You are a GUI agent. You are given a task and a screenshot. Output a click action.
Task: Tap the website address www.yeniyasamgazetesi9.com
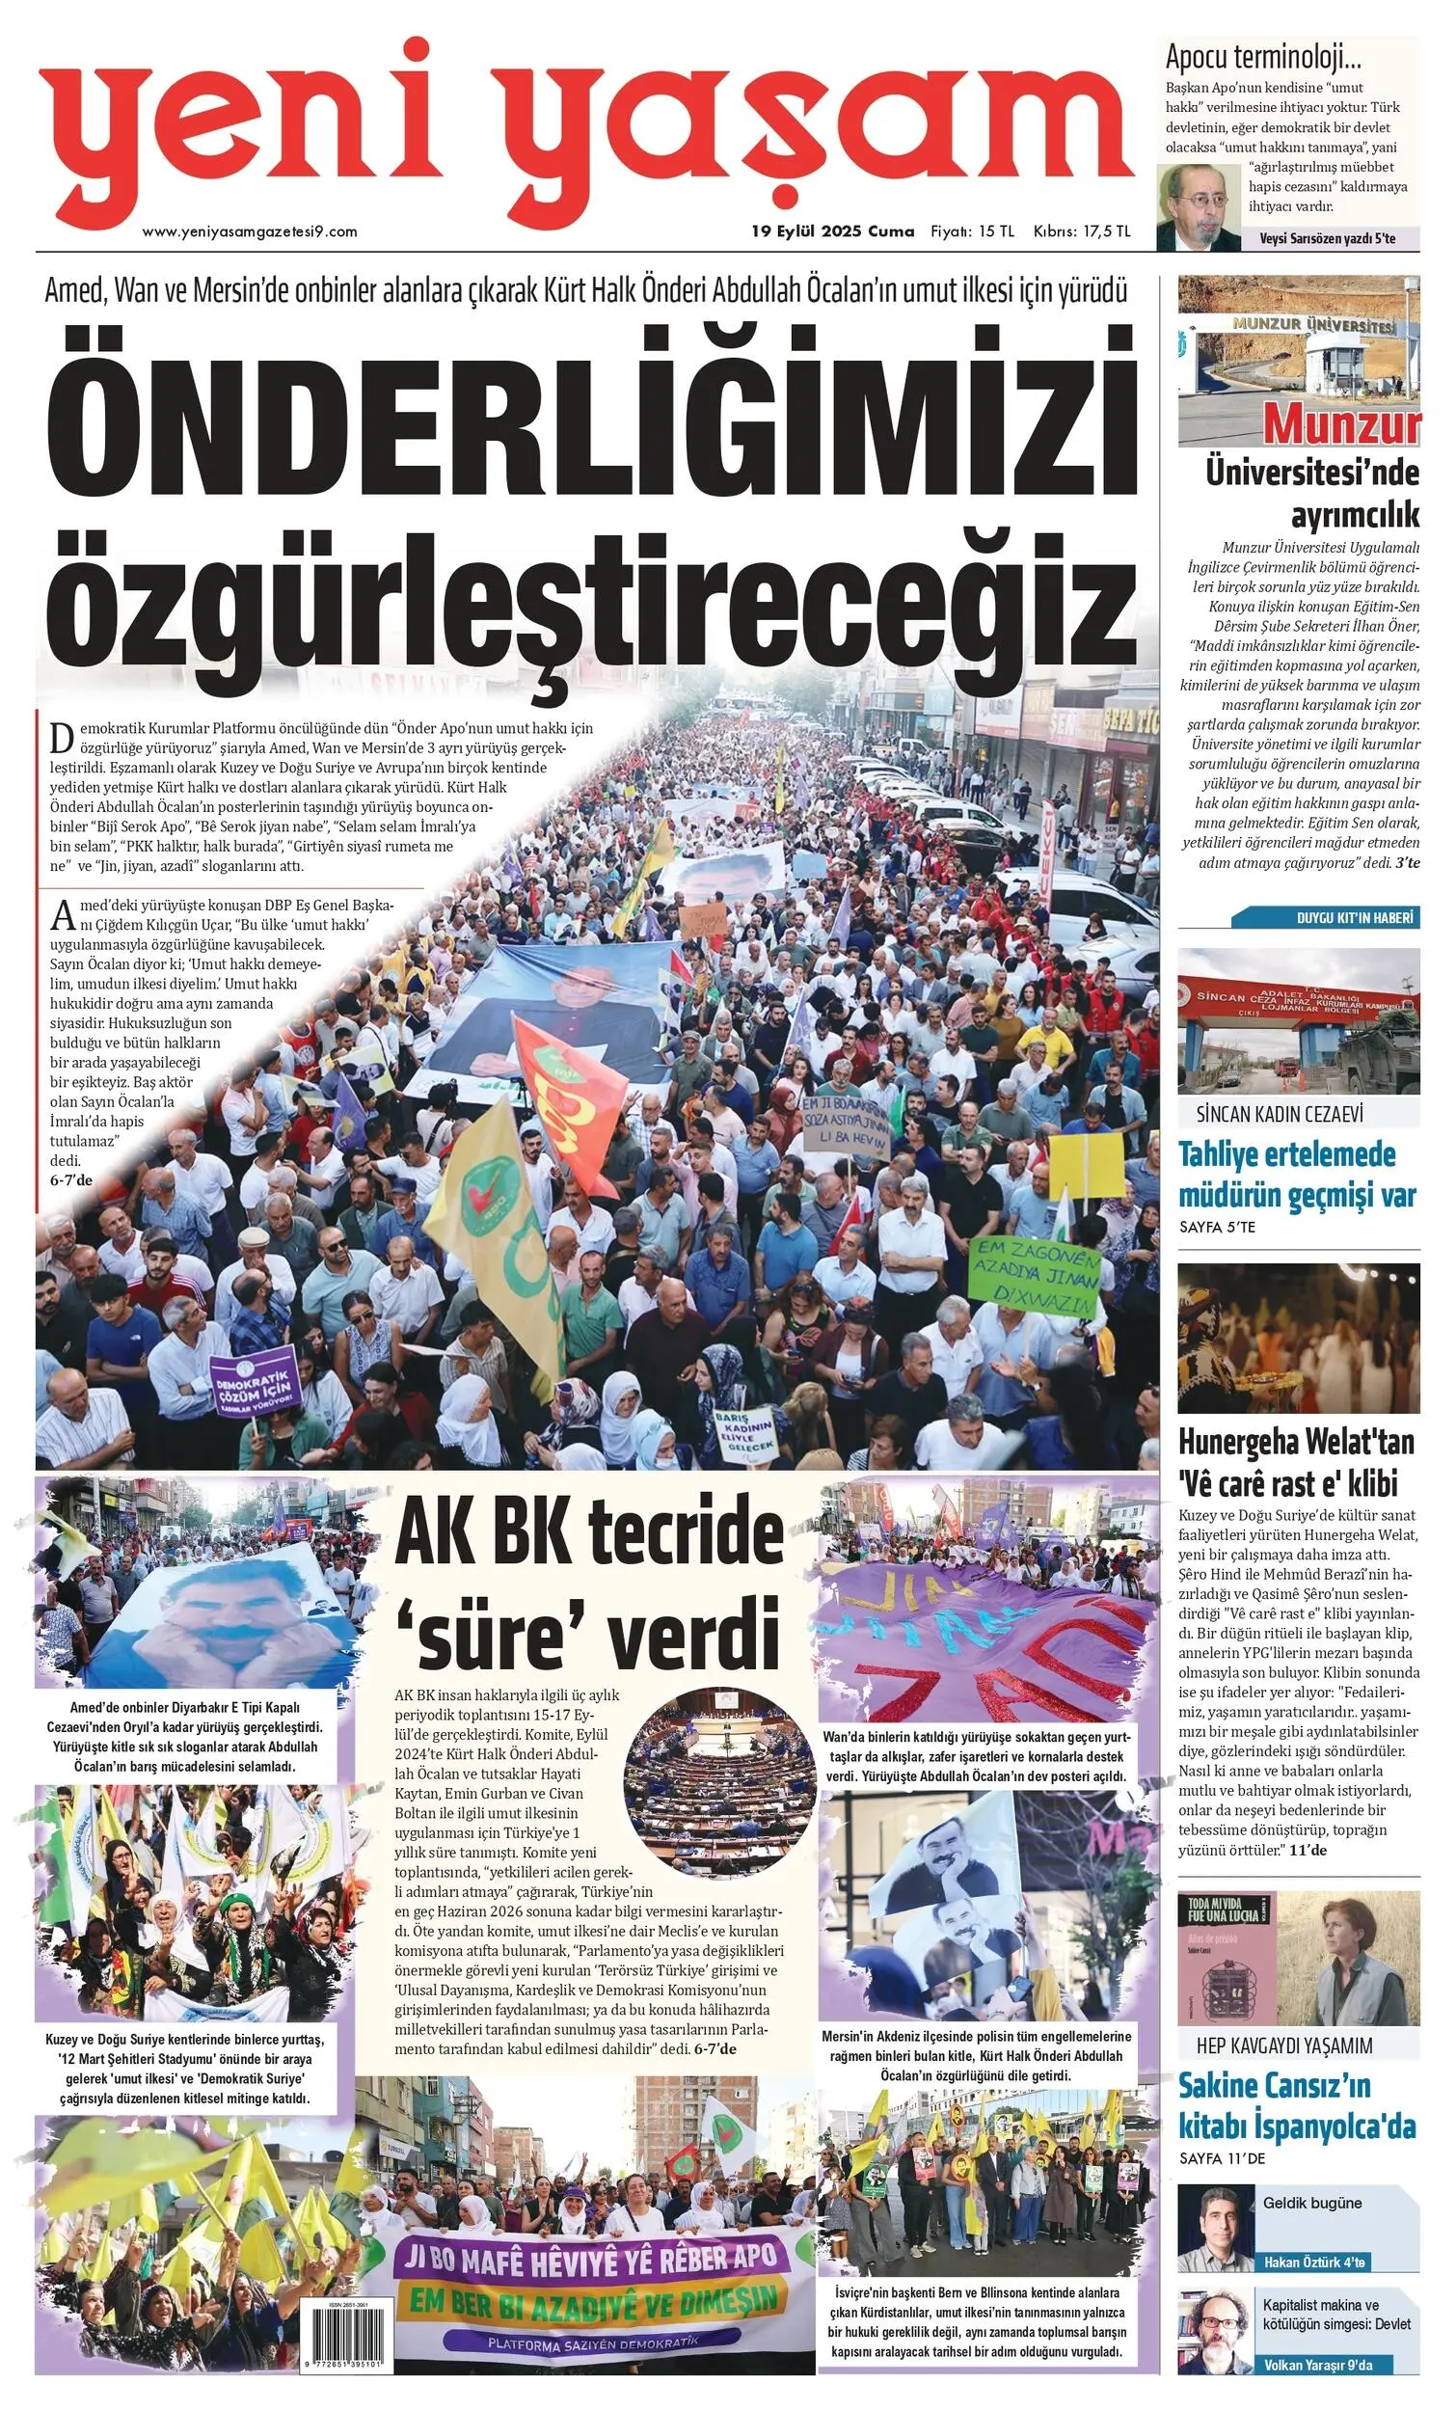pyautogui.click(x=250, y=231)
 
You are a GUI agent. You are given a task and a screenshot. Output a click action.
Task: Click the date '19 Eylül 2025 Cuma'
pyautogui.click(x=832, y=231)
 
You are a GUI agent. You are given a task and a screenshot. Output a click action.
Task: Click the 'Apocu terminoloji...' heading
pyautogui.click(x=1263, y=57)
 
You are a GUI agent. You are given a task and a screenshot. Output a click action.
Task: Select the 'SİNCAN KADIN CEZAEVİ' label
pyautogui.click(x=1279, y=1114)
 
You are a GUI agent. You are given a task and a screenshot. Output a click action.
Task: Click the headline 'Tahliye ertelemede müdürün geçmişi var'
pyautogui.click(x=1297, y=1175)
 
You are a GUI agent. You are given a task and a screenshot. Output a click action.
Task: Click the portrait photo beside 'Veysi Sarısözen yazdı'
pyautogui.click(x=1197, y=206)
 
